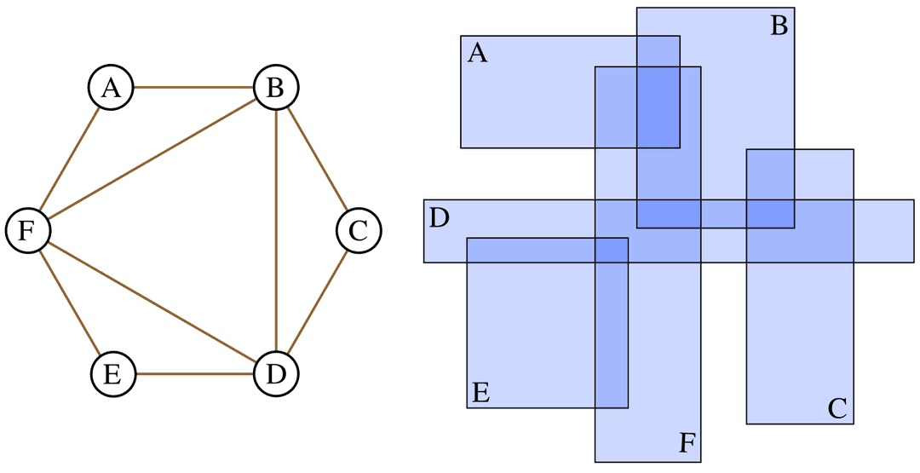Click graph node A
point(111,88)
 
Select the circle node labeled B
point(276,88)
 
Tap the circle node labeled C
point(359,231)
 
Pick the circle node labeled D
point(276,374)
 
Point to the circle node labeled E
point(113,374)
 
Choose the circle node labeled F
point(28,231)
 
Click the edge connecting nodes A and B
point(193,88)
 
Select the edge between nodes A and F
point(70,159)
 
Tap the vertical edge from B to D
point(276,231)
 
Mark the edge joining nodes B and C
point(318,159)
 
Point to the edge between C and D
point(318,303)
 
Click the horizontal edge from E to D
point(194,374)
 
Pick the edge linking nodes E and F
point(71,303)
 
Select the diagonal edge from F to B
point(152,159)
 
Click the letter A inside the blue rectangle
point(478,54)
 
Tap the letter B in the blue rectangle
point(779,26)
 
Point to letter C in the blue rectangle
point(837,409)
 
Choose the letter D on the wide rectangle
point(439,218)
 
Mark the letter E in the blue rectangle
point(480,393)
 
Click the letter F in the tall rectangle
point(687,443)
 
